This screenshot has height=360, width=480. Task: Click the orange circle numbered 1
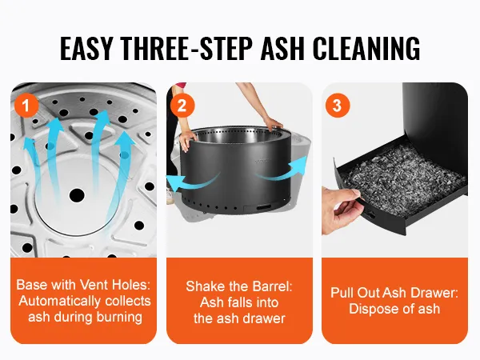pyautogui.click(x=26, y=106)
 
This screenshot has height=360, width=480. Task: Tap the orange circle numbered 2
pyautogui.click(x=182, y=106)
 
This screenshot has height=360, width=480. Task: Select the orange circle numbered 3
pyautogui.click(x=338, y=106)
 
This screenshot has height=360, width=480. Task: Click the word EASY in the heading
pyautogui.click(x=86, y=48)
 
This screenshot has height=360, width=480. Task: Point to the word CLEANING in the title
pyautogui.click(x=366, y=48)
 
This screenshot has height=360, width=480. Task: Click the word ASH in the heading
pyautogui.click(x=282, y=48)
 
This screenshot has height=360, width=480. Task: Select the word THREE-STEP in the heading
pyautogui.click(x=186, y=48)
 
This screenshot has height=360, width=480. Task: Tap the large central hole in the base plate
pyautogui.click(x=77, y=195)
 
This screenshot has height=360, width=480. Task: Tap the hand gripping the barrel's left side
pyautogui.click(x=187, y=139)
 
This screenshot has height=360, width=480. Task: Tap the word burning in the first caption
pyautogui.click(x=119, y=317)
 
